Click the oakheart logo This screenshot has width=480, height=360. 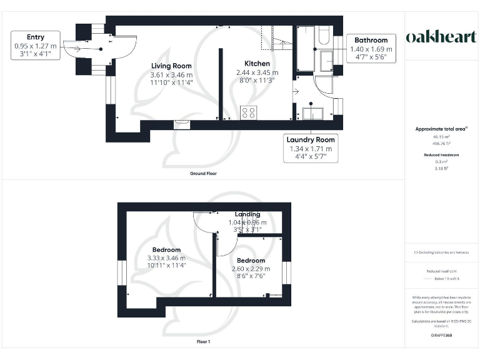tap(441, 37)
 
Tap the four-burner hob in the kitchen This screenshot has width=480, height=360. tap(248, 112)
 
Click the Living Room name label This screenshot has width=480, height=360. tap(171, 66)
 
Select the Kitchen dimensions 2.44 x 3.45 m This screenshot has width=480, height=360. tap(257, 72)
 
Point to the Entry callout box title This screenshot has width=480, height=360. tap(36, 37)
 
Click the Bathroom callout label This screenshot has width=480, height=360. tap(371, 40)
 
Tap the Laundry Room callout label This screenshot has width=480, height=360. tap(311, 139)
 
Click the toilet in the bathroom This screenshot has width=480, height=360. tap(326, 62)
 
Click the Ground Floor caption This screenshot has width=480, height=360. tap(204, 173)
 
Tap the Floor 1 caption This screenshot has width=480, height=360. tap(203, 342)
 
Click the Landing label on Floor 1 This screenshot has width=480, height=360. tap(247, 214)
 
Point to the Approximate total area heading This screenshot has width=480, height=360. tap(441, 129)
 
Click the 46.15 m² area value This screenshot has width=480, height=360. tap(441, 136)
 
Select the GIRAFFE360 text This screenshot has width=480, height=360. tap(441, 336)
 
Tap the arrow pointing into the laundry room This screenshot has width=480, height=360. tap(296, 92)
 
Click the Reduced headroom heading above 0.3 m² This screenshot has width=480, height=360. tap(441, 155)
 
